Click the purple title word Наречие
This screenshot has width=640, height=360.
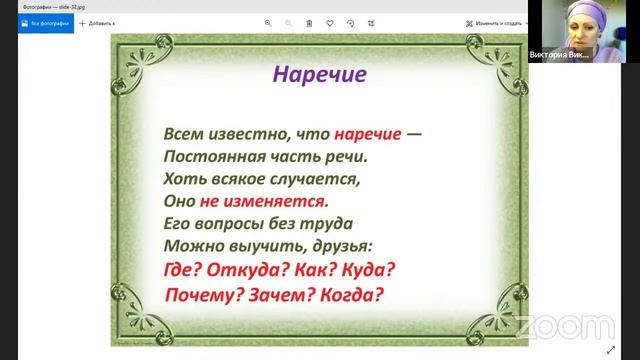click(321, 74)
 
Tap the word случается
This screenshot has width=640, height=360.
click(316, 179)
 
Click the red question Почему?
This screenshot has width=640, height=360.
click(205, 295)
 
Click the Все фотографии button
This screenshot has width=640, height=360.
click(45, 22)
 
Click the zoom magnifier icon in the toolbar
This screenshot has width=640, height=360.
click(268, 22)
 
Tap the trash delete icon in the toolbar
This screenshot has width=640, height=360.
click(309, 22)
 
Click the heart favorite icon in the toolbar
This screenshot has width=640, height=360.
click(331, 22)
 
